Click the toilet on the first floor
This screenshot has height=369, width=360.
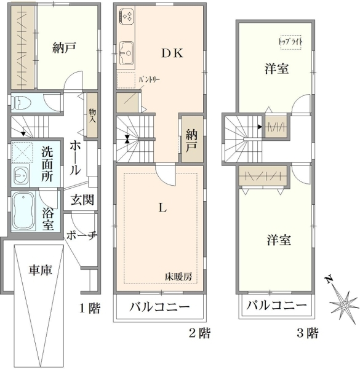(x=22, y=103)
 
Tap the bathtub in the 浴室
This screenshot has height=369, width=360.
(x=23, y=210)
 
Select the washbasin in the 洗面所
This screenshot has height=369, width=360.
(x=22, y=175)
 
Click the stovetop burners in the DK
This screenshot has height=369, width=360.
(x=127, y=16)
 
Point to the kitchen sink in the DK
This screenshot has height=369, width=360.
(x=126, y=53)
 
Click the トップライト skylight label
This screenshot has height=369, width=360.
(x=290, y=42)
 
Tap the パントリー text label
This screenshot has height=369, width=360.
(x=149, y=79)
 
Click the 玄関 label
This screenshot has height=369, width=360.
(x=82, y=200)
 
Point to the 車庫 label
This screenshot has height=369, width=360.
(x=40, y=270)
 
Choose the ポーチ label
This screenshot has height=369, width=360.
(x=81, y=235)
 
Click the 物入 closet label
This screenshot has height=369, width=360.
(x=92, y=116)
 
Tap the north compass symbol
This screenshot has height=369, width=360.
(x=343, y=304)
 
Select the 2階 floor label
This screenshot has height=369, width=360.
(x=199, y=333)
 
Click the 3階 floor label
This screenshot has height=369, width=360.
(x=307, y=333)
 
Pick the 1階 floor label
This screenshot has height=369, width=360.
(x=90, y=308)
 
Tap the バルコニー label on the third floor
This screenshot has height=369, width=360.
(x=277, y=306)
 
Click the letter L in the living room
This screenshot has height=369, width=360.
(x=162, y=208)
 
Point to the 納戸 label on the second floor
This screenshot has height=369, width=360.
(x=191, y=141)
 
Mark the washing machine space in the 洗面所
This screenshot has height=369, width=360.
(x=22, y=152)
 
